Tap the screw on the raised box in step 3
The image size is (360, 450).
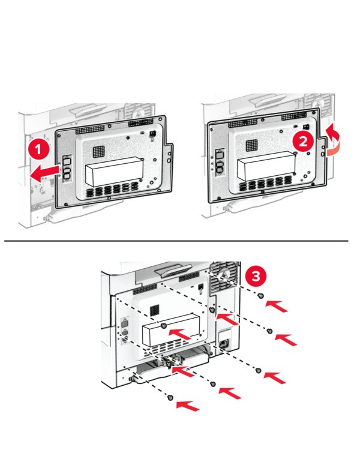[164, 325]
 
